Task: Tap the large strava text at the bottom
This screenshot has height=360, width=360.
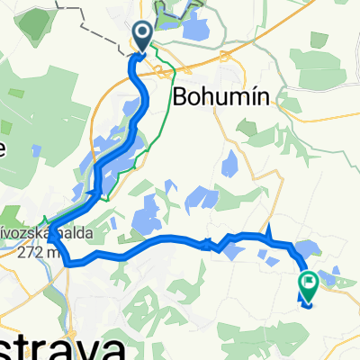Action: pyautogui.click(x=45, y=346)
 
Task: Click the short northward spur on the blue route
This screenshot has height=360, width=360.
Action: pyautogui.click(x=268, y=233)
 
